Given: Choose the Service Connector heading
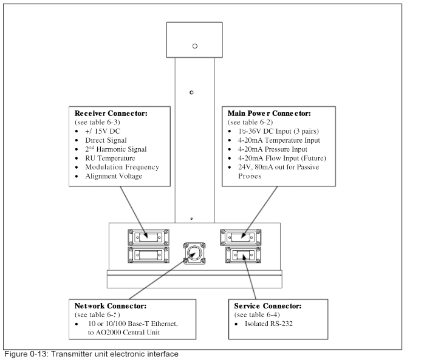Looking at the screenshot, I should click(267, 307).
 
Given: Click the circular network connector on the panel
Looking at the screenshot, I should click(194, 251).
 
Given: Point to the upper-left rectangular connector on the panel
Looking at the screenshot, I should click(146, 236).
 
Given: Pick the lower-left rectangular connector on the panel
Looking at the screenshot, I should click(146, 254).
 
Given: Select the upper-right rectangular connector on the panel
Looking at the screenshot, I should click(241, 236).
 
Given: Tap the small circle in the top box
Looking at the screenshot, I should click(194, 46).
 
